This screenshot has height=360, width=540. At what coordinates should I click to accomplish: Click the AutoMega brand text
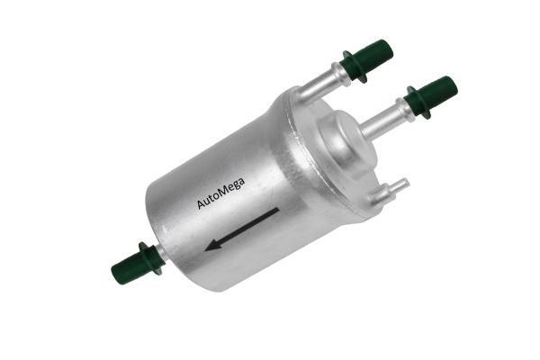point(220,193)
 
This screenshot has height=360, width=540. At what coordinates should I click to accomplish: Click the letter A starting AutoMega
point(201,203)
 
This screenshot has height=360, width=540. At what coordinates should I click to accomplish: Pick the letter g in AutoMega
point(236,187)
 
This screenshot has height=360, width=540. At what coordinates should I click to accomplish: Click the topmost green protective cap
point(367,60)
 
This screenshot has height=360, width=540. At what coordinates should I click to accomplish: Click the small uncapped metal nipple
point(390,191)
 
